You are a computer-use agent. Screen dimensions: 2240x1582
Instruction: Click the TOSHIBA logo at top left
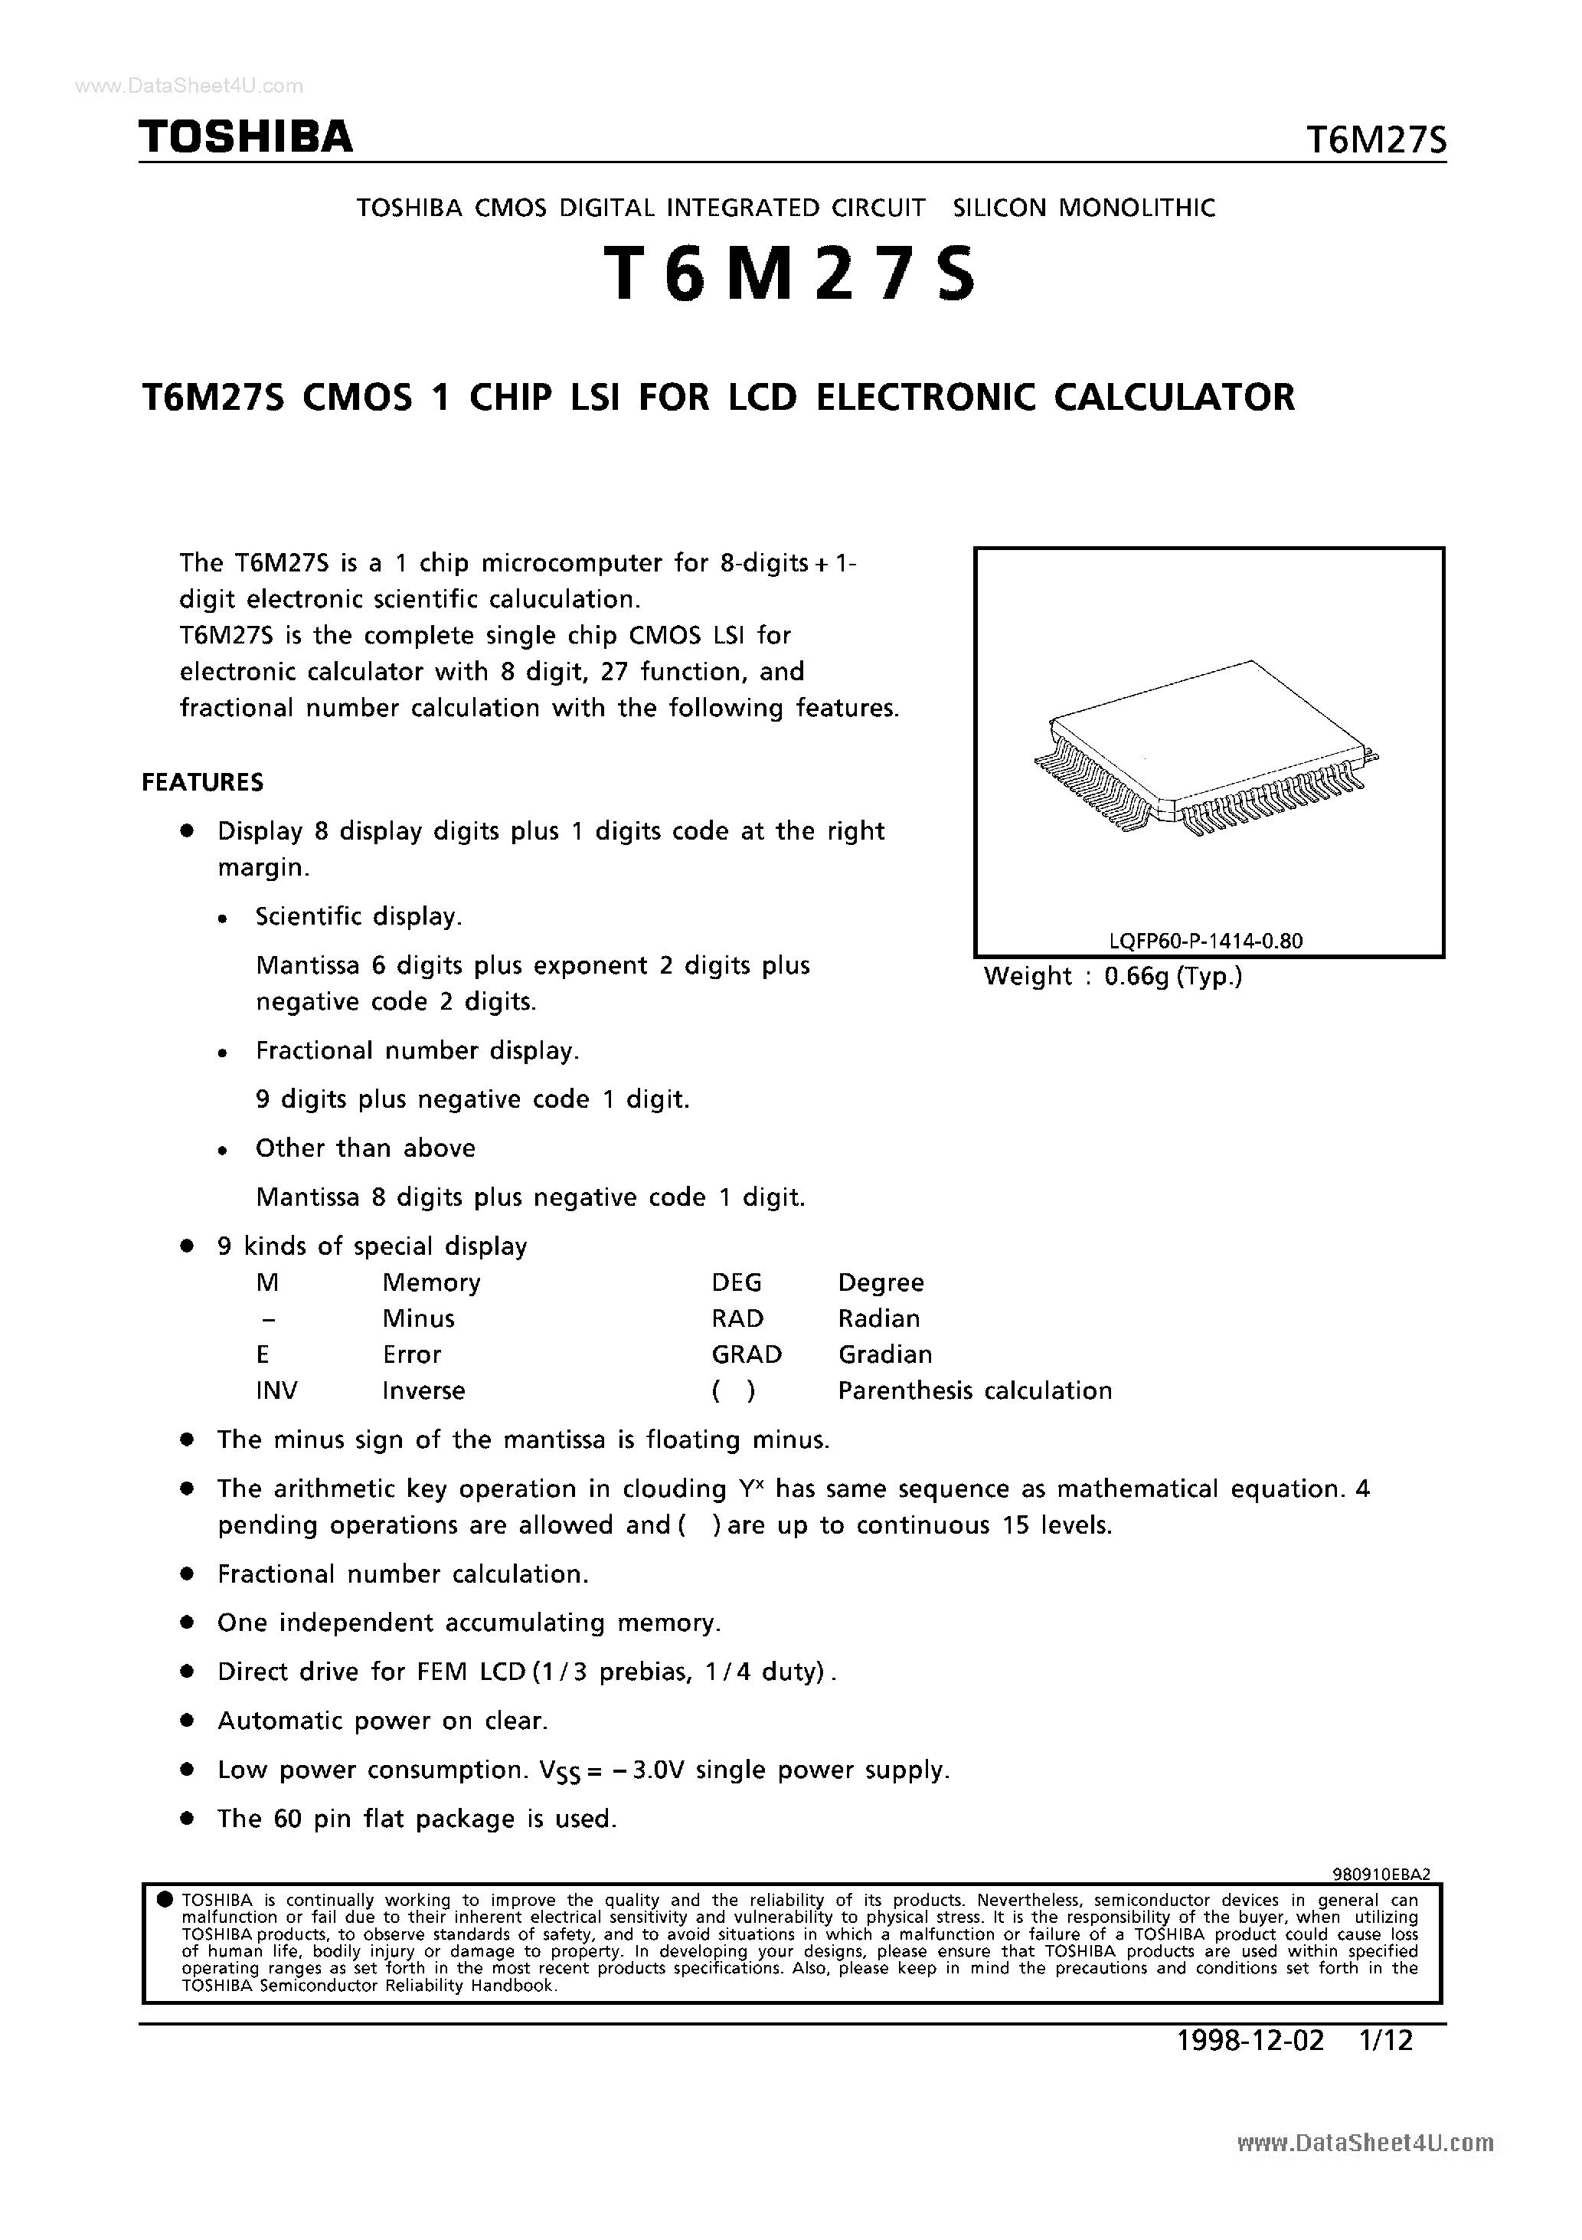(x=246, y=138)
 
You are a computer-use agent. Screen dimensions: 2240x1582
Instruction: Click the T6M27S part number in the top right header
(x=1375, y=142)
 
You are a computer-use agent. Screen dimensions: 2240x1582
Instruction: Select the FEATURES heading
(x=203, y=782)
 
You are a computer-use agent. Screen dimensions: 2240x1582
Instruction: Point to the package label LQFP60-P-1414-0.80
(x=1205, y=941)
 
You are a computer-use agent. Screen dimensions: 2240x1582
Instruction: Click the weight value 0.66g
(x=1136, y=977)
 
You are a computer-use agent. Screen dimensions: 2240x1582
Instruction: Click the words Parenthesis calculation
(x=974, y=1390)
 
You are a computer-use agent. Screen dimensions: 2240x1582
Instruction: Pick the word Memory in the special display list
(x=431, y=1282)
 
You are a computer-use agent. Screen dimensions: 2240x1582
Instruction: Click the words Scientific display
(x=358, y=916)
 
